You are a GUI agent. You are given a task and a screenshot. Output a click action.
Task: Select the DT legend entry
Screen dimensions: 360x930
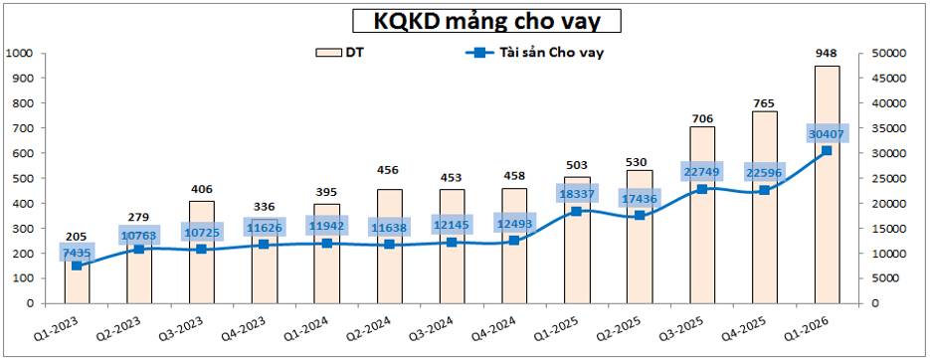[343, 53]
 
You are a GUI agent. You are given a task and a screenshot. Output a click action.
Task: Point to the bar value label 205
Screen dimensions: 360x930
[77, 237]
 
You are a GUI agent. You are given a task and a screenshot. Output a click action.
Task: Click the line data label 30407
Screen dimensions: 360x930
[827, 134]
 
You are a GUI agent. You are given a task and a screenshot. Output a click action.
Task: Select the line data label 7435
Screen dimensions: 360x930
[77, 253]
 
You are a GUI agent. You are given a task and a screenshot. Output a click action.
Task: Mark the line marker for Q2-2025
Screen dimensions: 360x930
[640, 216]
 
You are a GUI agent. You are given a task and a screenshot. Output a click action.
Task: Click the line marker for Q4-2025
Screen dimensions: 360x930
[764, 190]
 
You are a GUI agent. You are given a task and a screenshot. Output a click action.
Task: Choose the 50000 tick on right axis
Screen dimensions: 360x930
[891, 53]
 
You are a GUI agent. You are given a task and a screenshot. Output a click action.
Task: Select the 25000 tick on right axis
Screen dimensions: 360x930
[891, 178]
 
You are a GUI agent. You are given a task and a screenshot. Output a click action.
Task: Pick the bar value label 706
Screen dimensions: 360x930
[702, 118]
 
